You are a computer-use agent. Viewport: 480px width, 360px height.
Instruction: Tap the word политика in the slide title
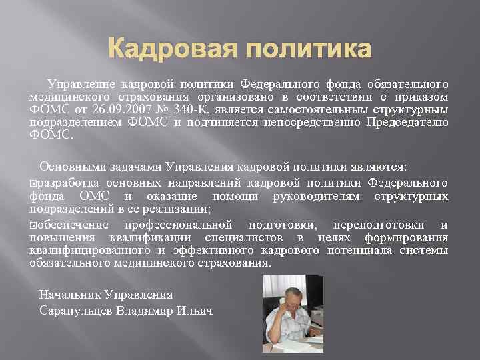click(305, 49)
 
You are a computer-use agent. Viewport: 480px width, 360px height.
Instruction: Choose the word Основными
click(70, 165)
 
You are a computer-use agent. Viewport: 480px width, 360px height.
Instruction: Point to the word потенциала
click(361, 250)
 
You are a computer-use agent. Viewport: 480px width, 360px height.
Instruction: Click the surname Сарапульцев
click(76, 310)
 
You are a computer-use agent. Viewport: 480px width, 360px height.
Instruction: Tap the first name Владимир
click(148, 310)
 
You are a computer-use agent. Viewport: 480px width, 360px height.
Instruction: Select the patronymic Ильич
click(197, 310)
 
